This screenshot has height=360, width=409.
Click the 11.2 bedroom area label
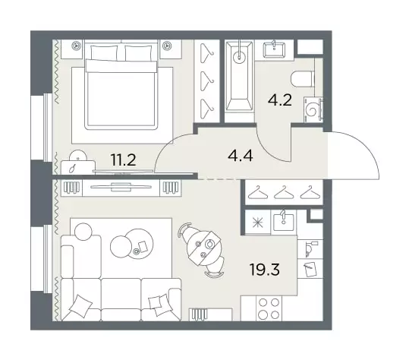click(x=123, y=159)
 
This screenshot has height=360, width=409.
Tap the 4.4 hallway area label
click(x=241, y=156)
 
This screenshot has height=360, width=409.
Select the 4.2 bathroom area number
click(x=280, y=100)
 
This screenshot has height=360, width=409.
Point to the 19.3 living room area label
click(x=265, y=269)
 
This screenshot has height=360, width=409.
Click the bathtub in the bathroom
click(x=239, y=76)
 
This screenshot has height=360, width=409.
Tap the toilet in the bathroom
click(x=302, y=79)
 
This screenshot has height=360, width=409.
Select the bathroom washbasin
click(x=274, y=50)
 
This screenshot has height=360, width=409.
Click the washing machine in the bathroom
click(x=313, y=109)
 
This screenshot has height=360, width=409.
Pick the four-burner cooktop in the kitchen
click(x=269, y=308)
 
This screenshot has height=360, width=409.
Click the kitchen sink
click(x=283, y=223)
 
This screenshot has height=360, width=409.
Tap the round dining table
click(x=204, y=248)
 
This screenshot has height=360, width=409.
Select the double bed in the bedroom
click(x=121, y=85)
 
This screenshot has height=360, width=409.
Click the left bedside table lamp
click(x=76, y=46)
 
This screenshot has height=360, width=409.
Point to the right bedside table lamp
click(x=166, y=46)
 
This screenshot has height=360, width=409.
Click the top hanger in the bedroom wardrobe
click(x=206, y=53)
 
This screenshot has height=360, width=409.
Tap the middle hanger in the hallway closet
click(x=284, y=192)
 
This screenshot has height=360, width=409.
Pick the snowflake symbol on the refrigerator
click(x=257, y=223)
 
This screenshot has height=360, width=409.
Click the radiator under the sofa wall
click(x=200, y=314)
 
